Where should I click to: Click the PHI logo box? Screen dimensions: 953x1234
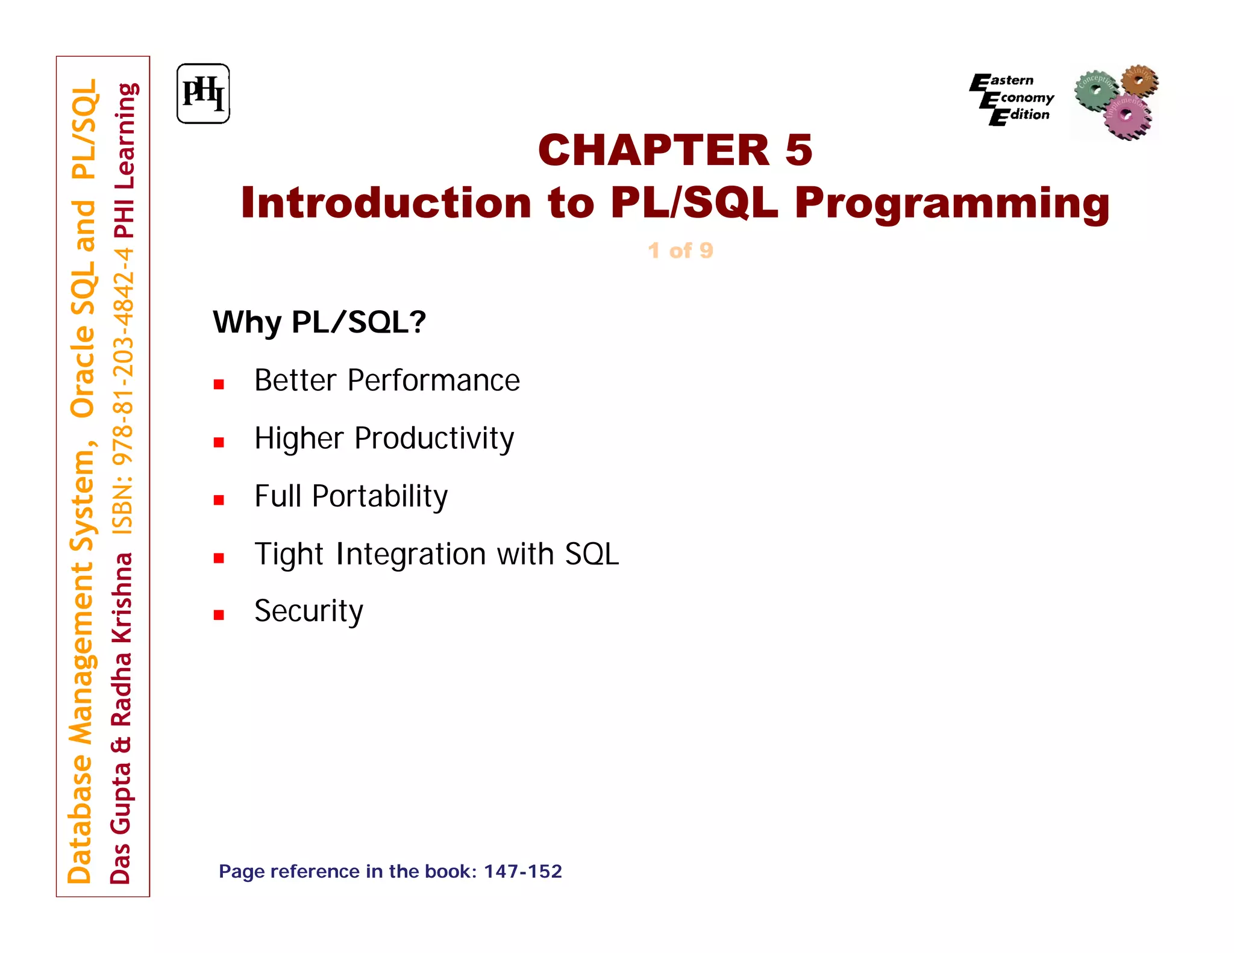[x=203, y=94]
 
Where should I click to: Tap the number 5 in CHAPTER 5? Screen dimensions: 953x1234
[x=798, y=150]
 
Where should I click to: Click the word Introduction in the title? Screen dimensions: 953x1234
[x=386, y=202]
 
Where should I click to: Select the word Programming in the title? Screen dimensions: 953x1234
[x=952, y=204]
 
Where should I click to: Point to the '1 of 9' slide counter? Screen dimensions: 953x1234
[x=680, y=251]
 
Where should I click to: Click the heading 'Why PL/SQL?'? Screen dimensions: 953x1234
[x=319, y=322]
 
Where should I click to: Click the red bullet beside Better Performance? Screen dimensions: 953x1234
[x=219, y=384]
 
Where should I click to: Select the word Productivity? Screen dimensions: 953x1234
[x=434, y=439]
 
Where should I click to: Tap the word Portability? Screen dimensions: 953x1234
[x=380, y=496]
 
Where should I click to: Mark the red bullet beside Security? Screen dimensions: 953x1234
[x=219, y=615]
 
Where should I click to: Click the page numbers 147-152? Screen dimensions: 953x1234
[x=522, y=871]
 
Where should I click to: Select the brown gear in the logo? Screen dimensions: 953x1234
[x=1139, y=80]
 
